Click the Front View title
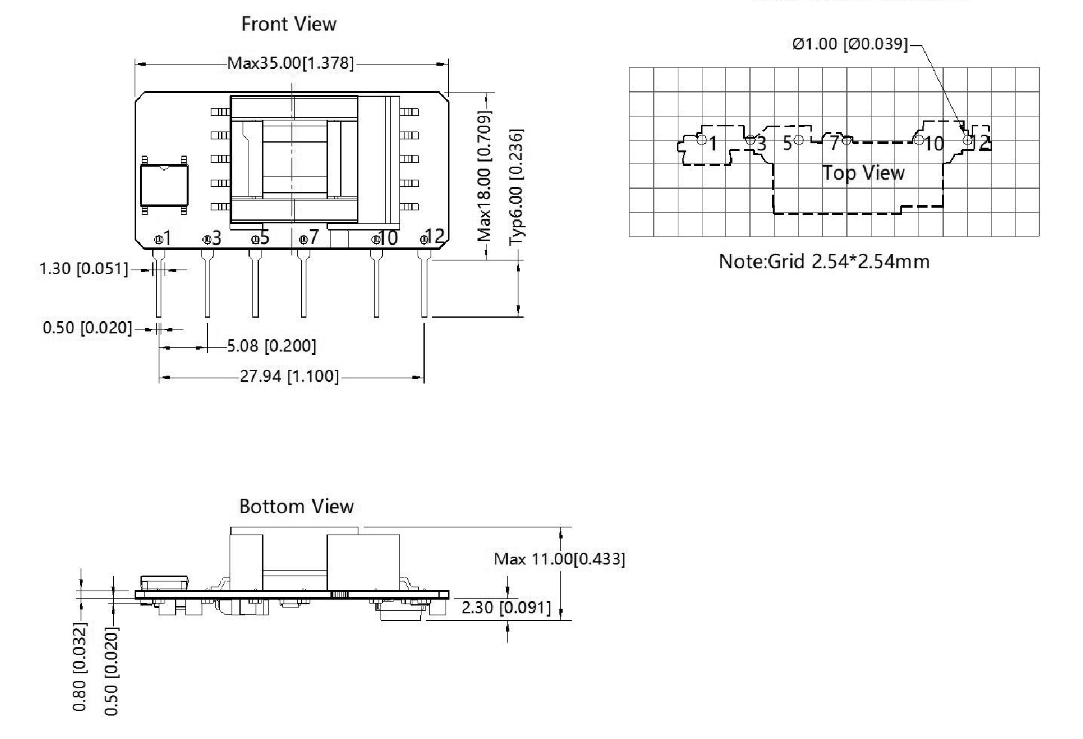click(x=288, y=24)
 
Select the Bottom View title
click(x=296, y=507)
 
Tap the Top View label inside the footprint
click(x=863, y=173)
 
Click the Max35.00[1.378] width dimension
click(x=291, y=64)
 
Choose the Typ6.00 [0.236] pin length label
click(x=516, y=186)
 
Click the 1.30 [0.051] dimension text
click(x=84, y=269)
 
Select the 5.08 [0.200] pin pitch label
click(x=272, y=346)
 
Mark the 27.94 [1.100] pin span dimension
click(x=289, y=376)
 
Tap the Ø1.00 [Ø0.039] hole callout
click(x=849, y=44)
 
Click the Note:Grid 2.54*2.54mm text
click(x=823, y=262)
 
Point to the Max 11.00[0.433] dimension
click(x=559, y=559)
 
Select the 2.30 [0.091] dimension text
click(x=506, y=607)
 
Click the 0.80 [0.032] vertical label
click(x=79, y=667)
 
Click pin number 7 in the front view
click(x=314, y=238)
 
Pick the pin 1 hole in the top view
click(x=701, y=139)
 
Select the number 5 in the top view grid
click(x=788, y=143)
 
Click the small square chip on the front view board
click(x=165, y=184)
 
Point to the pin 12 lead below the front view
click(x=425, y=286)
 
